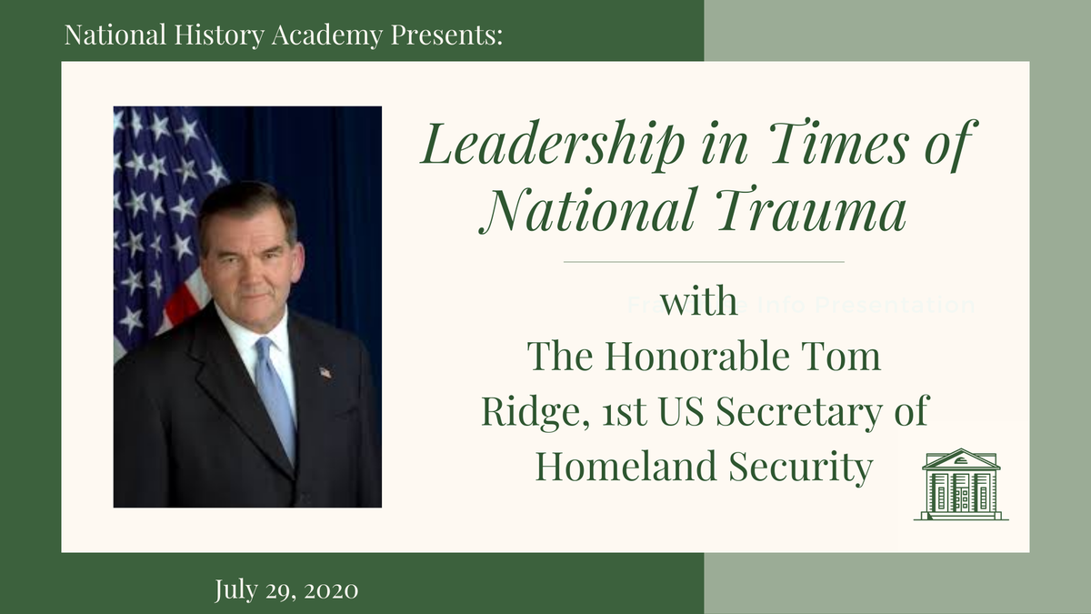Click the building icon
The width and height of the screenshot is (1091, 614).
pyautogui.click(x=960, y=484)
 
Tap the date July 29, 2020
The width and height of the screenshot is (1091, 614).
pyautogui.click(x=286, y=590)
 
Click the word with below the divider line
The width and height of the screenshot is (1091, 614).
pyautogui.click(x=699, y=303)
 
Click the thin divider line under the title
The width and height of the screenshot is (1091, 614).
pyautogui.click(x=704, y=262)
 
